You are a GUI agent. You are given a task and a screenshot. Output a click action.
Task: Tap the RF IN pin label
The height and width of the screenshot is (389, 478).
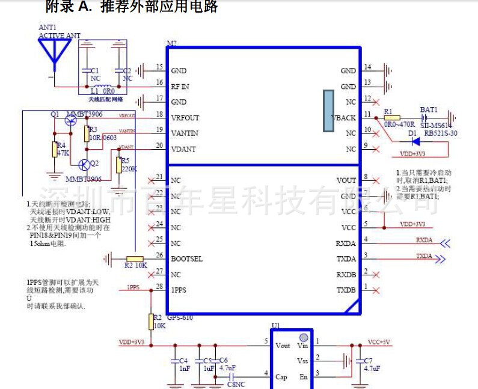pyautogui.click(x=180, y=87)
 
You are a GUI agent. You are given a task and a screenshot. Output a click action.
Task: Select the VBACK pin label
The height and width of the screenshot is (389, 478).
pyautogui.click(x=345, y=118)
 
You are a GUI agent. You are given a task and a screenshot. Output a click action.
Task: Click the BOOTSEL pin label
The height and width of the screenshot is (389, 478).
pyautogui.click(x=186, y=259)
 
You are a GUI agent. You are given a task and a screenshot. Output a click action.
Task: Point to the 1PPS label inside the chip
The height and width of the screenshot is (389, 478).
pyautogui.click(x=179, y=290)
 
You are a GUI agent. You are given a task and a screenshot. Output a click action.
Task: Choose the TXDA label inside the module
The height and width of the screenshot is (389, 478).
pyautogui.click(x=346, y=259)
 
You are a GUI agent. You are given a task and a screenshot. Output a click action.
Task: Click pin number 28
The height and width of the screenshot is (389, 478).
pyautogui.click(x=159, y=286)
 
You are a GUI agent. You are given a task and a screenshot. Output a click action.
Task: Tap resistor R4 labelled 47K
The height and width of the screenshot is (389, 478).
pyautogui.click(x=55, y=149)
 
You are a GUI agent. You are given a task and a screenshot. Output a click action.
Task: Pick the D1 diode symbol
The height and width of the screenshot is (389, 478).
pyautogui.click(x=414, y=142)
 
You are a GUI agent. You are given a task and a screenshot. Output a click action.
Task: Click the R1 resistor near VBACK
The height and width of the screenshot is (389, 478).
pyautogui.click(x=391, y=118)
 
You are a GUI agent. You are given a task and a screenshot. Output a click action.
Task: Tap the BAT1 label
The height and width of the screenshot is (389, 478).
pyautogui.click(x=429, y=110)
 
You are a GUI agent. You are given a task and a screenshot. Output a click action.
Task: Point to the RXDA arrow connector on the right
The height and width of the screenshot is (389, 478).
pyautogui.click(x=446, y=244)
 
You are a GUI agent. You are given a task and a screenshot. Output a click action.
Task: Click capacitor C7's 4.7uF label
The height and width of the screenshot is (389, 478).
pyautogui.click(x=372, y=369)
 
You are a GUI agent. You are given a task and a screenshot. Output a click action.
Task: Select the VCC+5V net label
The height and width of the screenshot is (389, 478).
pyautogui.click(x=379, y=342)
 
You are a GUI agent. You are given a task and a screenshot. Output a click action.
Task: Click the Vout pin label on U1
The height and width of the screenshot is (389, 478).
pyautogui.click(x=283, y=346)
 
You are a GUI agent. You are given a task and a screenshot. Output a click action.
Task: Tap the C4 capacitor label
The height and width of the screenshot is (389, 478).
pyautogui.click(x=183, y=361)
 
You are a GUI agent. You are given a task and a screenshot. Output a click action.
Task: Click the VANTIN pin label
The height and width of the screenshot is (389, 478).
pyautogui.click(x=185, y=133)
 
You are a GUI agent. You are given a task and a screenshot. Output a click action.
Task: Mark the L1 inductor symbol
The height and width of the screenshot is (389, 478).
pyautogui.click(x=106, y=85)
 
